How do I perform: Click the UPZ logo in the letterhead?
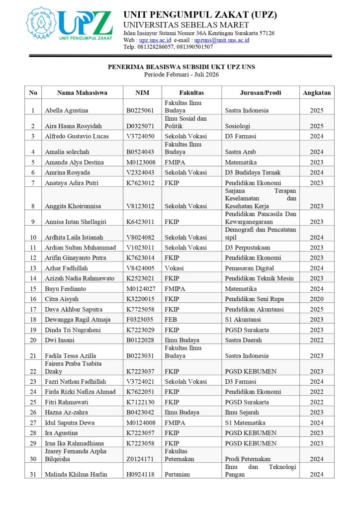(70, 25)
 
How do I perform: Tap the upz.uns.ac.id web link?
(155, 40)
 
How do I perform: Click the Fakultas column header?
(191, 92)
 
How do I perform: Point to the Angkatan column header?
(316, 92)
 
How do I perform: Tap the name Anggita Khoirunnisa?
(73, 206)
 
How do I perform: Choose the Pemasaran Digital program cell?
(249, 268)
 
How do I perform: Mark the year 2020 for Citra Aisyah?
(316, 299)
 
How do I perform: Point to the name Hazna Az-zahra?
(65, 413)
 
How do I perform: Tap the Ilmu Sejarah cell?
(241, 413)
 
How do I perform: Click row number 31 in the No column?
(33, 475)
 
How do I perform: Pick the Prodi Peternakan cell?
(248, 459)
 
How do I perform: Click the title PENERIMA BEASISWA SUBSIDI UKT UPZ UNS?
(181, 67)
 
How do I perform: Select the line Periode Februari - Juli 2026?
(181, 75)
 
